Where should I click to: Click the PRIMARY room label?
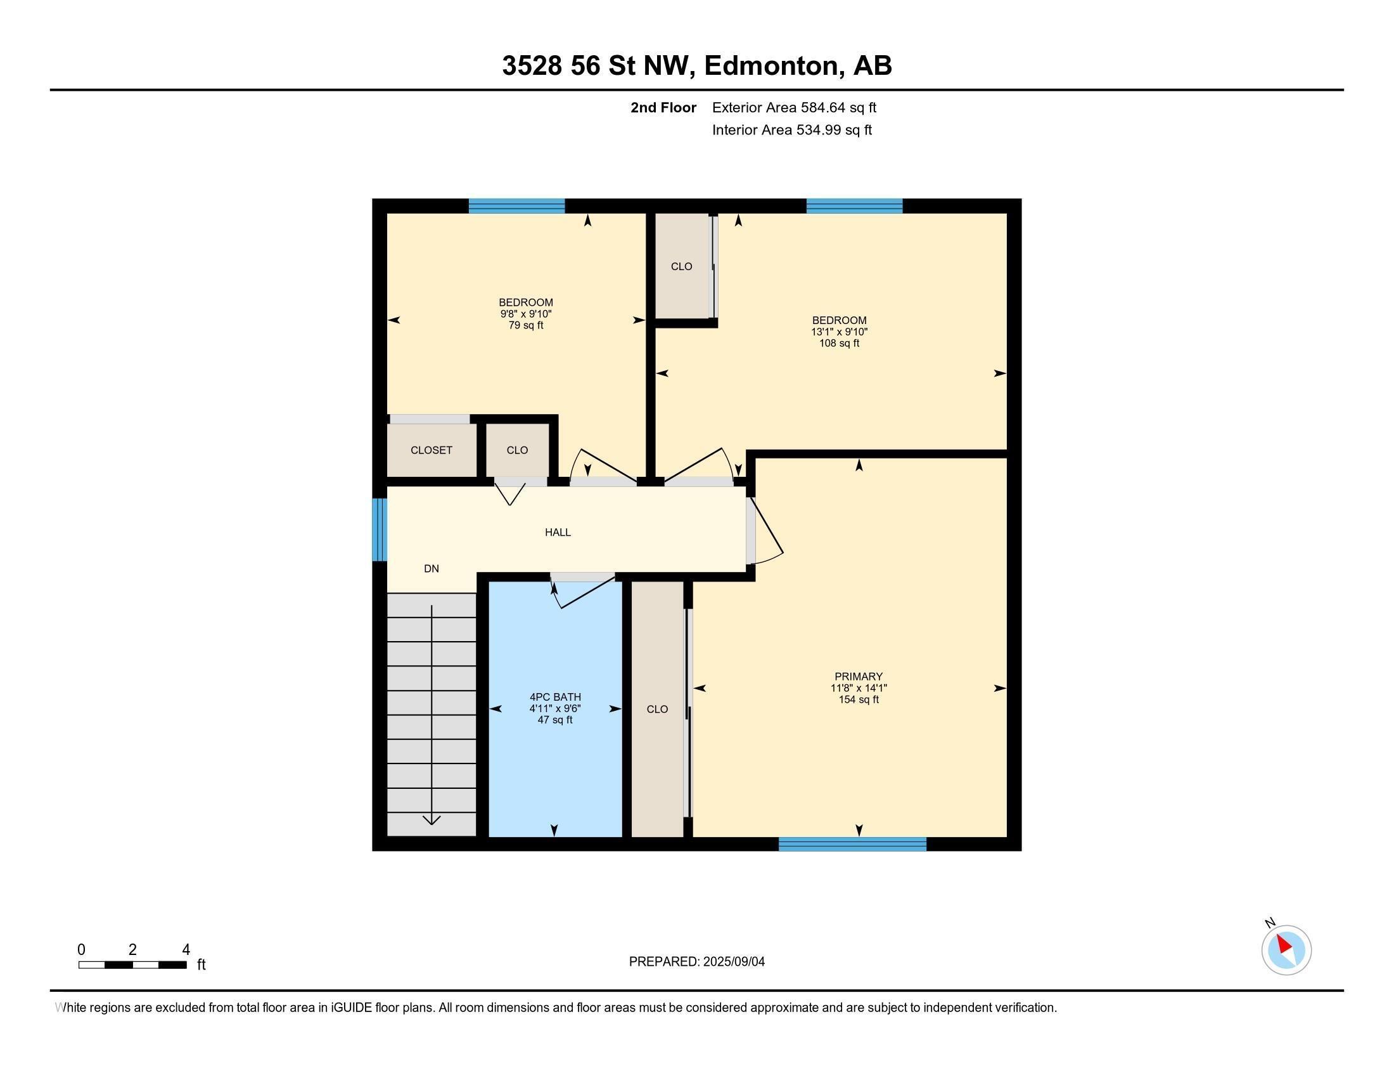coord(858,677)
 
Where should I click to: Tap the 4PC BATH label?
coord(554,697)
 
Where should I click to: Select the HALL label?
coord(557,532)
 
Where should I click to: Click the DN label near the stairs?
coord(431,568)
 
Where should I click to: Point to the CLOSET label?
coord(431,450)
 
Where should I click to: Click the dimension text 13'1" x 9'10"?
coord(839,332)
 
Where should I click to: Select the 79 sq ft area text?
coord(525,326)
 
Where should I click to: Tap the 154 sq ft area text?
coord(858,700)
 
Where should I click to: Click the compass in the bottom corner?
coord(1286,950)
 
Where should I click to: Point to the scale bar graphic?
coord(132,964)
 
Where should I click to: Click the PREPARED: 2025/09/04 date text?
coord(696,962)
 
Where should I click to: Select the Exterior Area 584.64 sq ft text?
coord(793,108)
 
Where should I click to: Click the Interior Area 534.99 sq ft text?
coord(791,130)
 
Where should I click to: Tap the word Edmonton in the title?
coord(771,66)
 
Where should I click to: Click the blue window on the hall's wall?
coord(379,529)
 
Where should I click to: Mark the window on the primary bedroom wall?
coord(852,844)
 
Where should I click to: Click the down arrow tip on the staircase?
coord(432,822)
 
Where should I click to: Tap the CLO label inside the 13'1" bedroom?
coord(681,266)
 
